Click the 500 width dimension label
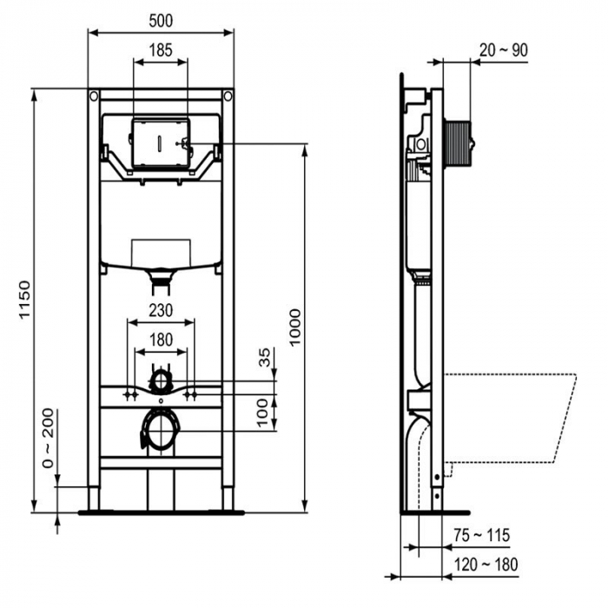click(161, 19)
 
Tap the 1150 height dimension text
click(23, 300)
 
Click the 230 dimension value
click(160, 310)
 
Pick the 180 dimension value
click(160, 340)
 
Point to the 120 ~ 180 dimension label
click(486, 565)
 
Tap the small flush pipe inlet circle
click(160, 380)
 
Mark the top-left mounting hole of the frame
click(93, 95)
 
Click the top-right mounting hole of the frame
click(228, 95)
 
